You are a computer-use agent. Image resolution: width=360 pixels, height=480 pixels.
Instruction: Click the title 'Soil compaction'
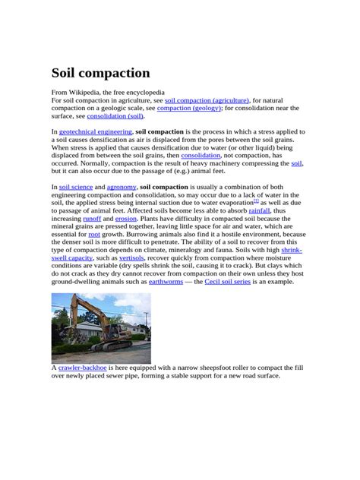100,73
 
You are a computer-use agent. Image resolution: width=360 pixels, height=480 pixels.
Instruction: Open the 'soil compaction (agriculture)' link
207,99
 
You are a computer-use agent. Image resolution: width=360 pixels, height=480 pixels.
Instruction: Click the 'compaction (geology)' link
189,108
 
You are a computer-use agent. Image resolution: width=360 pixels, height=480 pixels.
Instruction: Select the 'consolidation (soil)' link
115,116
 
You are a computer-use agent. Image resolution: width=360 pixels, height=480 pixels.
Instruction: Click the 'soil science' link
75,186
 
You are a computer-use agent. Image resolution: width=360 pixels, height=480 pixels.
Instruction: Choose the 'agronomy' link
122,186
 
